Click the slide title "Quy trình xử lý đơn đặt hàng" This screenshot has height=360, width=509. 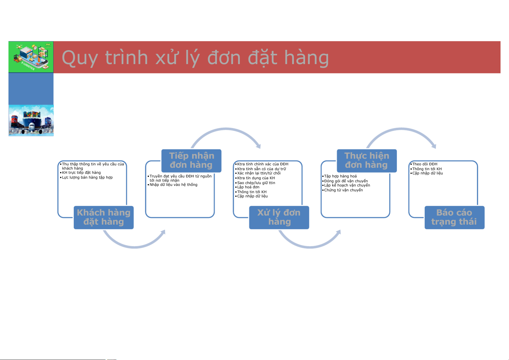pos(195,58)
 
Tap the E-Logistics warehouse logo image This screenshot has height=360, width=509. pos(31,57)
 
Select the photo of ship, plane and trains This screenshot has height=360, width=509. pos(31,120)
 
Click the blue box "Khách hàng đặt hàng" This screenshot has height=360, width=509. pos(104,217)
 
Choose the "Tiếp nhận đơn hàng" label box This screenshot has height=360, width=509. pos(191,161)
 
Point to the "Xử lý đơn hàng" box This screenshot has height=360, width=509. pos(279,217)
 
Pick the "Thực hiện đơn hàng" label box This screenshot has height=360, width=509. pos(367,161)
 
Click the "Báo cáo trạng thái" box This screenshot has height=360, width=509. pos(454,217)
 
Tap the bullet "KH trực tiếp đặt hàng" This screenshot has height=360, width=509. pos(81,173)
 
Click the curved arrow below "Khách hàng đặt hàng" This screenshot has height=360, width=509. pos(134,247)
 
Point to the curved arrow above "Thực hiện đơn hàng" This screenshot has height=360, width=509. pos(401,129)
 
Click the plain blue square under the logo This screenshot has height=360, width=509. pos(31,89)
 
